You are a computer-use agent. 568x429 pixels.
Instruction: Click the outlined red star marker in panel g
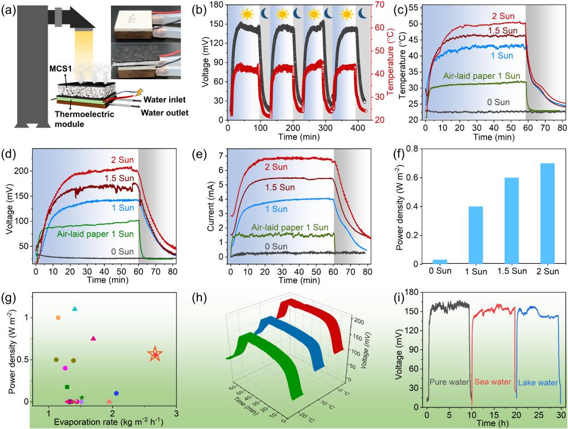(155, 355)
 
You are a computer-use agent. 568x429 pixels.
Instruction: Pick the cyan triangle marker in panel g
(75, 309)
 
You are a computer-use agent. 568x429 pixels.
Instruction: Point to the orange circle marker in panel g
(58, 318)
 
